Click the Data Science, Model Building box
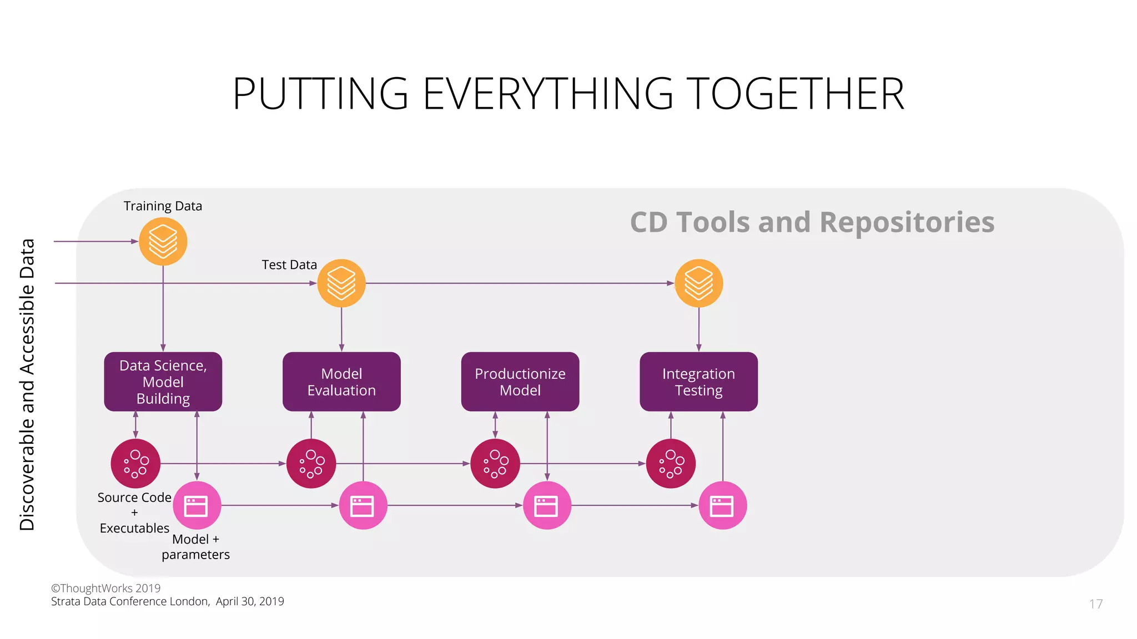[x=163, y=382]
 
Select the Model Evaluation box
[x=341, y=382]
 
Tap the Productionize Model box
[x=520, y=382]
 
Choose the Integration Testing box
[x=698, y=382]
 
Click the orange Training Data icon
[x=163, y=241]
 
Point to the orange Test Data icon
[x=341, y=283]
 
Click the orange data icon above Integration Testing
[x=698, y=283]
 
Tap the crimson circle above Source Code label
[x=135, y=463]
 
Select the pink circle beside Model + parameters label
[x=197, y=505]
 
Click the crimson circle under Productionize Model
[x=495, y=463]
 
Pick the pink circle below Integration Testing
[x=722, y=505]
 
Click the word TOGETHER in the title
[x=795, y=94]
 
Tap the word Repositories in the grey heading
[x=907, y=222]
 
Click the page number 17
[x=1095, y=604]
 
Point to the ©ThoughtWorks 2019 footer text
[x=105, y=588]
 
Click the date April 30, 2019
[x=250, y=601]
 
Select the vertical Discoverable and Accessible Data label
[x=27, y=384]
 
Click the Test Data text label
[x=289, y=265]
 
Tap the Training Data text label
[x=163, y=206]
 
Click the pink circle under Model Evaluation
[x=363, y=505]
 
